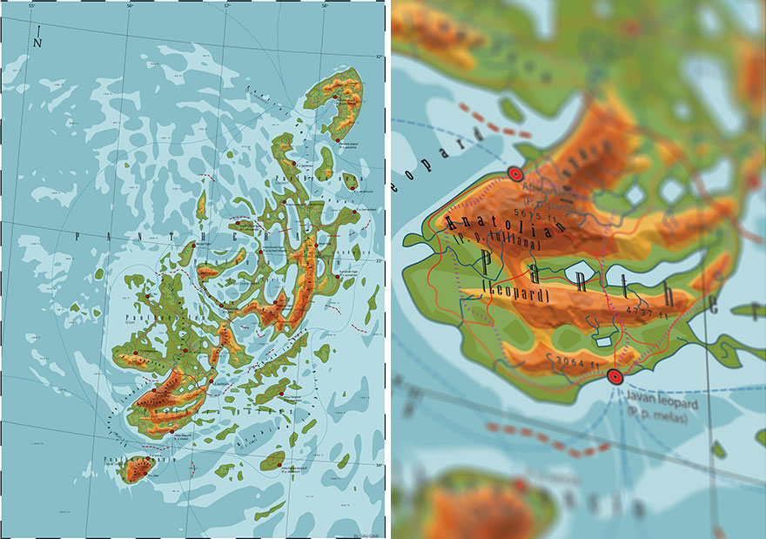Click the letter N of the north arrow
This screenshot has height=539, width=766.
pyautogui.click(x=37, y=42)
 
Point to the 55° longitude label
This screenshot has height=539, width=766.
pyautogui.click(x=32, y=7)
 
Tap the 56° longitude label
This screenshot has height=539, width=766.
pyautogui.click(x=130, y=7)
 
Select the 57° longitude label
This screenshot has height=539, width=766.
pyautogui.click(x=226, y=7)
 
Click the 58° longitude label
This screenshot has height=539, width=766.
pyautogui.click(x=324, y=7)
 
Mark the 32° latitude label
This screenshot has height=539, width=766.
pyautogui.click(x=378, y=57)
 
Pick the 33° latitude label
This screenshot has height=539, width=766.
pyautogui.click(x=378, y=260)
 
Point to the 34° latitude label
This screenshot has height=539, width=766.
pyautogui.click(x=378, y=465)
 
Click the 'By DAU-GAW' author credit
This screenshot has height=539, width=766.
pyautogui.click(x=366, y=535)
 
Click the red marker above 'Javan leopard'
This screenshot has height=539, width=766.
pyautogui.click(x=615, y=376)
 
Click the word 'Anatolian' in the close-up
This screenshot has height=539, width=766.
pyautogui.click(x=505, y=224)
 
